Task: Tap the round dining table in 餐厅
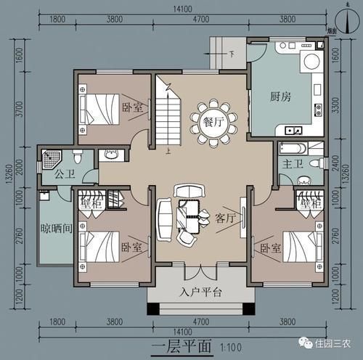(211, 121)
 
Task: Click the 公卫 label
(55, 174)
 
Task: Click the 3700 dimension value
(23, 112)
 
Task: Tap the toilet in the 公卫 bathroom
(76, 157)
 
